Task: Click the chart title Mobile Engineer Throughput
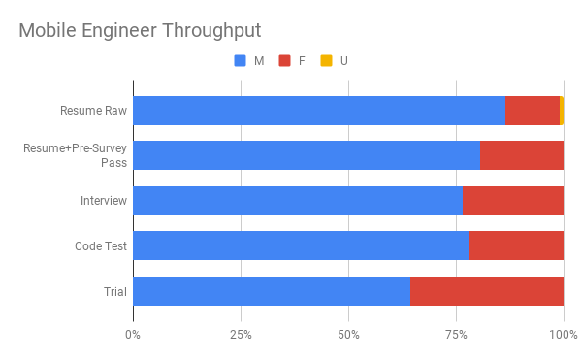(140, 31)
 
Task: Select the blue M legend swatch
(241, 61)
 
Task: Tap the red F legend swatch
(284, 61)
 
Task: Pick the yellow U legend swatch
(327, 61)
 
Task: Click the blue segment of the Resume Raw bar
(319, 111)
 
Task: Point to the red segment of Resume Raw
(533, 111)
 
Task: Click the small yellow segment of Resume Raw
(562, 111)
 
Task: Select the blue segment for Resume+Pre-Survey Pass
(307, 155)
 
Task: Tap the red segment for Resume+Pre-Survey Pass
(522, 155)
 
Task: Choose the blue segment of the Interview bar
(298, 201)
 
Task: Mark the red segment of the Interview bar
(513, 201)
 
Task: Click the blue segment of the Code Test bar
(301, 245)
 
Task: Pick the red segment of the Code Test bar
(516, 245)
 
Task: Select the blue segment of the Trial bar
(272, 291)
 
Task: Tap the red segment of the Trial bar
(487, 291)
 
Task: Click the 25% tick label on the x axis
(241, 335)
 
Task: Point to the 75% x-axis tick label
(456, 335)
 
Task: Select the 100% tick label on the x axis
(564, 335)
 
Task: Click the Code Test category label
(101, 246)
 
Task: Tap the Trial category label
(115, 291)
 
